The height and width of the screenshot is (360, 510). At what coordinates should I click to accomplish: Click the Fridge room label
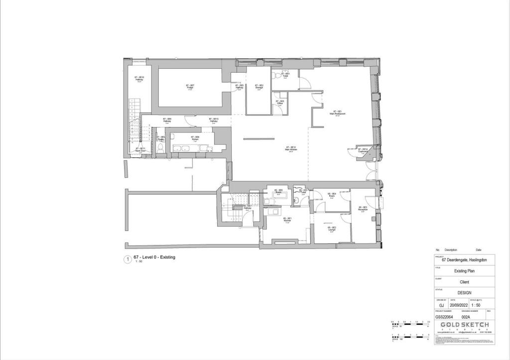(190, 87)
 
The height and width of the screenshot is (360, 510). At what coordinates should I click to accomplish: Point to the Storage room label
(259, 87)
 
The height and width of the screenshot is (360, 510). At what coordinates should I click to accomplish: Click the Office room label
(280, 103)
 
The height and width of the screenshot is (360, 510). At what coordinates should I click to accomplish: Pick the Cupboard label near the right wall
(365, 150)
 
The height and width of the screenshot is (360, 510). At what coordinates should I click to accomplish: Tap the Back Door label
(140, 149)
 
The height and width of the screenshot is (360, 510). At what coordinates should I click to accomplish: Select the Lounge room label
(331, 229)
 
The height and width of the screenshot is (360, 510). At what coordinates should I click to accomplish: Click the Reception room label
(363, 208)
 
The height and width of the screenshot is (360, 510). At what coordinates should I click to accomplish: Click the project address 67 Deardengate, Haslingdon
(464, 260)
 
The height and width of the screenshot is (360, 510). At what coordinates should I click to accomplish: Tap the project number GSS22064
(445, 316)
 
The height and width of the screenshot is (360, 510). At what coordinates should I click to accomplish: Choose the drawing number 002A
(466, 316)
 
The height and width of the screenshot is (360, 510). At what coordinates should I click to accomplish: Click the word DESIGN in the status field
(464, 293)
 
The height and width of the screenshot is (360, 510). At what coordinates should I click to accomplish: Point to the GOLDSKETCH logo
(464, 325)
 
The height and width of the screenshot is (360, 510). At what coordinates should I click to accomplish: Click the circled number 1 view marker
(127, 259)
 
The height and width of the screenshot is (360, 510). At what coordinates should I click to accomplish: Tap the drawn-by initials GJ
(441, 305)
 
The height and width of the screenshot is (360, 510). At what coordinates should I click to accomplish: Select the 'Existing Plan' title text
(464, 271)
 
